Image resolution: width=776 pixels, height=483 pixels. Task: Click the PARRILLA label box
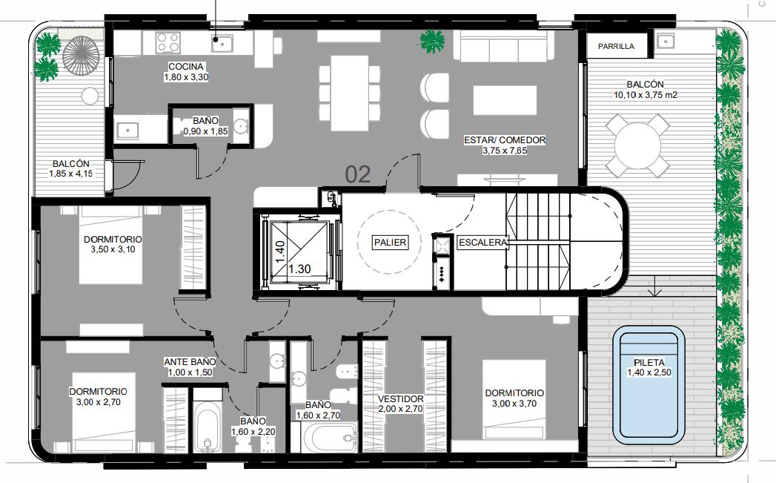616,45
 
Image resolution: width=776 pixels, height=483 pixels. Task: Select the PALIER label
390,243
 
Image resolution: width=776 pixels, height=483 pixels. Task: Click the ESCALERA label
482,243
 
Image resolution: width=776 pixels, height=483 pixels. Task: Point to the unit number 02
358,174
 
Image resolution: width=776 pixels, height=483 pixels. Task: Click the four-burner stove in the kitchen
168,42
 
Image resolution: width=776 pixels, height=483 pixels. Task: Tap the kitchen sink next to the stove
222,43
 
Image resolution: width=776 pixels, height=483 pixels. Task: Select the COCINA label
186,66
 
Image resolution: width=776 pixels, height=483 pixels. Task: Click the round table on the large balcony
638,145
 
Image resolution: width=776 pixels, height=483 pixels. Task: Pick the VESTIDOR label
401,398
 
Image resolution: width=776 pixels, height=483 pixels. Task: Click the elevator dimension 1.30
299,269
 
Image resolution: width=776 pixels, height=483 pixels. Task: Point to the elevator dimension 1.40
280,252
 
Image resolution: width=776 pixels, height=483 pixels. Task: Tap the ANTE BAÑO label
190,362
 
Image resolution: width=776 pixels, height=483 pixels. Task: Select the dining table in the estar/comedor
349,93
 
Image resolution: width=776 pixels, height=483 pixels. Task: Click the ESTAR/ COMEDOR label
505,140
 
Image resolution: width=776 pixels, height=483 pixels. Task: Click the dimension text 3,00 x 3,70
514,404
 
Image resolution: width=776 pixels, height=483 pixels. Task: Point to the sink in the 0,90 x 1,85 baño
242,126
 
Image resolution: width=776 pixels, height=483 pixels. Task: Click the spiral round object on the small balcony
82,55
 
